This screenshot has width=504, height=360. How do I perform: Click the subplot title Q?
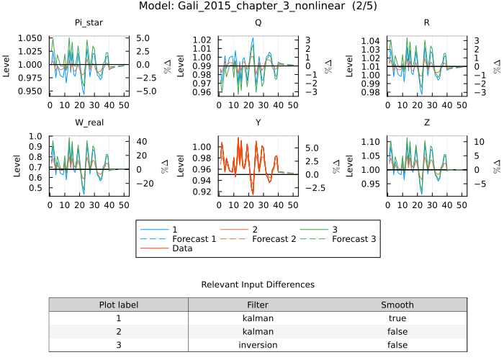[258, 23]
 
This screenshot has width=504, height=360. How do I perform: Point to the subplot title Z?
[427, 122]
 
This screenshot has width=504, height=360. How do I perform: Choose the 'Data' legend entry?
[183, 248]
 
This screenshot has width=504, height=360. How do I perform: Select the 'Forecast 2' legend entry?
[275, 238]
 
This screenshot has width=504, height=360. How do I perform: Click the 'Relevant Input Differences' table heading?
[258, 284]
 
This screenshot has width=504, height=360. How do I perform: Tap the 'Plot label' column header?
[118, 305]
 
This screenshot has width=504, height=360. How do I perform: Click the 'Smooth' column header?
[397, 305]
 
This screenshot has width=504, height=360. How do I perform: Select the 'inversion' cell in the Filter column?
[258, 345]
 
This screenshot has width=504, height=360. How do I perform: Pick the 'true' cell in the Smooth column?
[397, 318]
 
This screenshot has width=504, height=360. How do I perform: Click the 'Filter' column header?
[258, 305]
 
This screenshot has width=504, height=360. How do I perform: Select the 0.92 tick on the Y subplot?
[202, 192]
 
